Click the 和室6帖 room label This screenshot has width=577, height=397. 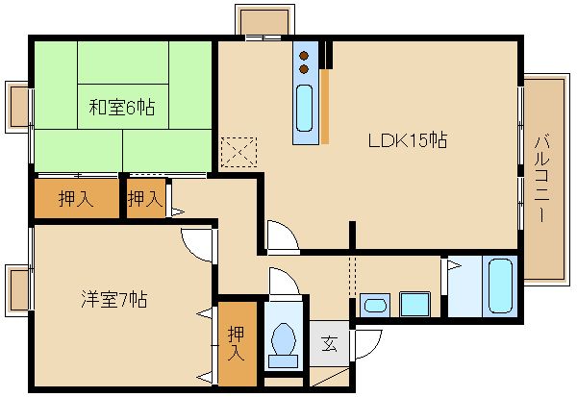click(122, 108)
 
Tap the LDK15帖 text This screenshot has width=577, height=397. click(407, 140)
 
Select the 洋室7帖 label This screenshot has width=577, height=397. click(113, 297)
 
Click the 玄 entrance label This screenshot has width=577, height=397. click(328, 343)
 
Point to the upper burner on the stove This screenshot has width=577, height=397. click(305, 55)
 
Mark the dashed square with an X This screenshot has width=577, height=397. click(239, 152)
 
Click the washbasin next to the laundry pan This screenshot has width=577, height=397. click(376, 307)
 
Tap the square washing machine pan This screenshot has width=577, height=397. click(414, 306)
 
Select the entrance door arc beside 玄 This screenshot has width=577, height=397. click(367, 344)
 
